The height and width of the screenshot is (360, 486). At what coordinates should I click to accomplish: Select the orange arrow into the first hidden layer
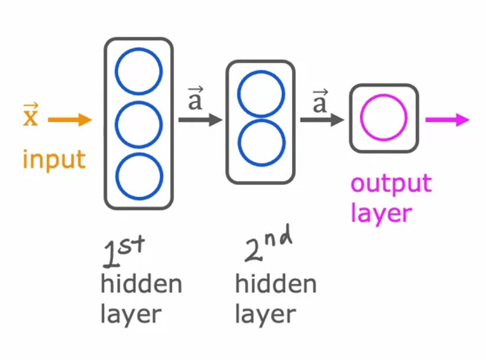pyautogui.click(x=70, y=120)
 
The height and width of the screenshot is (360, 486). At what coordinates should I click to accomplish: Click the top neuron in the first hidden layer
pyautogui.click(x=138, y=70)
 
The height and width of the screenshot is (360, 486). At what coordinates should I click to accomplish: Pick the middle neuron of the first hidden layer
pyautogui.click(x=138, y=123)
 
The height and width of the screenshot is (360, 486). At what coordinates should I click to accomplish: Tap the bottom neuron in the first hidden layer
pyautogui.click(x=138, y=176)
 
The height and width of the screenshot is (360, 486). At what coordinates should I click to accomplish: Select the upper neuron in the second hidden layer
pyautogui.click(x=261, y=93)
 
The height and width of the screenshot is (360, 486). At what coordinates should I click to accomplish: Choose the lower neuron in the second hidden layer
pyautogui.click(x=261, y=143)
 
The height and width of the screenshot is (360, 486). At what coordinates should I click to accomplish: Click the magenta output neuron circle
pyautogui.click(x=383, y=118)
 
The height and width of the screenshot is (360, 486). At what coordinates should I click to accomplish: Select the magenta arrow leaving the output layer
pyautogui.click(x=447, y=120)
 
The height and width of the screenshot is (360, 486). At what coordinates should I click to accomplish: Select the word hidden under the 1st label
pyautogui.click(x=141, y=284)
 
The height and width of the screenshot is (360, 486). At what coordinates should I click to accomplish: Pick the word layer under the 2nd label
pyautogui.click(x=265, y=314)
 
